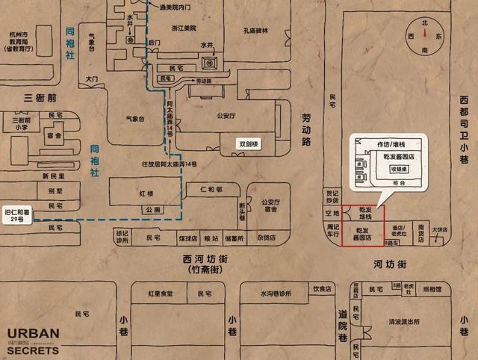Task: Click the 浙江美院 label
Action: [x=183, y=28]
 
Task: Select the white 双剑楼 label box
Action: [x=248, y=143]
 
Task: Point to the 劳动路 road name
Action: [x=305, y=128]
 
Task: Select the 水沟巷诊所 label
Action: [x=274, y=293]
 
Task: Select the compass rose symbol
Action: [x=424, y=34]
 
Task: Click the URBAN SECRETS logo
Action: [x=33, y=339]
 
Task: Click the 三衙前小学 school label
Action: [x=20, y=123]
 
